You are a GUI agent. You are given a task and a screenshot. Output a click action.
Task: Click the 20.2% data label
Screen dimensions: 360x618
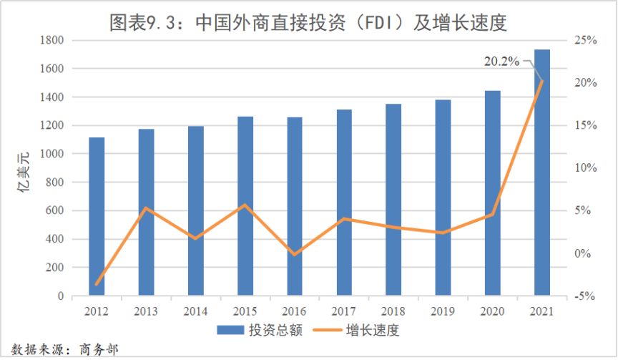pos(501,62)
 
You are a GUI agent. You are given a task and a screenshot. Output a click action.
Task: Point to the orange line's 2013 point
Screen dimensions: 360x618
pos(146,208)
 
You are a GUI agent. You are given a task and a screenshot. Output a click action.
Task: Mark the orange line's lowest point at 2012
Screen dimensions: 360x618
pos(97,284)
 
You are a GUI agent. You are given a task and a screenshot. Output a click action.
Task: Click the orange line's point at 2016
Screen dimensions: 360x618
pos(295,254)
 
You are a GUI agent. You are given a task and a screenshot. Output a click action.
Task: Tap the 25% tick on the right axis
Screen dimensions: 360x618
pos(586,40)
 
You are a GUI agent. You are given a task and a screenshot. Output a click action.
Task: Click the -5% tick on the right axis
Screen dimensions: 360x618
pos(586,296)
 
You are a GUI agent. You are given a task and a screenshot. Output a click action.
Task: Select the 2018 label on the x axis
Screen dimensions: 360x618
pos(393,311)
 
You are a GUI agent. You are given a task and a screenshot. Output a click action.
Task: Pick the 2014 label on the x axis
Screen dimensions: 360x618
pos(195,311)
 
